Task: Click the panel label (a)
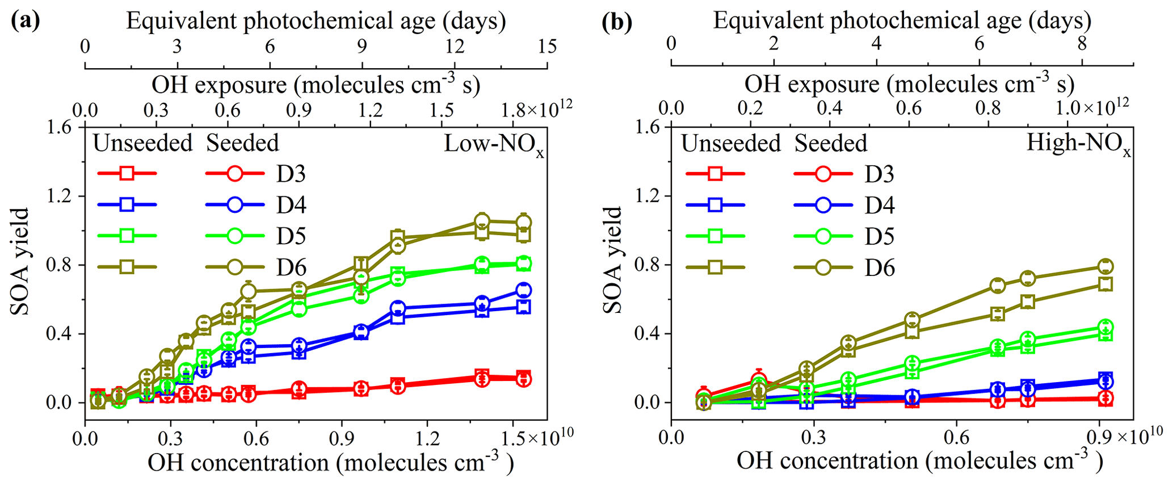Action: point(26,21)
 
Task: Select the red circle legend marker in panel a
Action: point(236,173)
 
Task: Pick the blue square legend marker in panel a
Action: point(127,204)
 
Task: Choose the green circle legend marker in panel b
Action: point(823,236)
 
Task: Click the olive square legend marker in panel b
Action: point(715,267)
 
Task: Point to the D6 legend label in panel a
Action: point(292,267)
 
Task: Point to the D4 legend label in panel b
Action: point(880,205)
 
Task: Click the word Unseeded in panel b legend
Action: point(731,144)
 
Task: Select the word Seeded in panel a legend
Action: point(242,144)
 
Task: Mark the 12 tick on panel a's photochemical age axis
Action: point(455,47)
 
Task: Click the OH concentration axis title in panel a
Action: point(330,463)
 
